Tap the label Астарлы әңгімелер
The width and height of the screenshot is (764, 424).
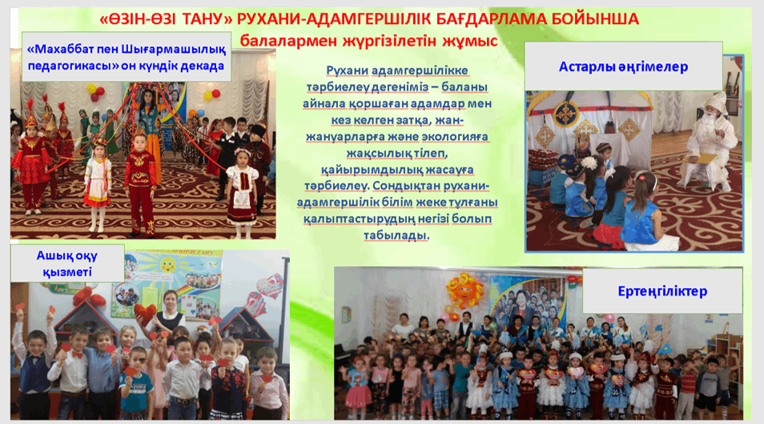(x=623, y=66)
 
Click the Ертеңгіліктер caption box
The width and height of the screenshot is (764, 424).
(x=662, y=290)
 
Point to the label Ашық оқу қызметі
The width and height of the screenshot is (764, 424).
(x=67, y=263)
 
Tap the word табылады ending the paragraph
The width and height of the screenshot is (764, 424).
(x=396, y=235)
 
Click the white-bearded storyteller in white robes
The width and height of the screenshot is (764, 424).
(x=710, y=141)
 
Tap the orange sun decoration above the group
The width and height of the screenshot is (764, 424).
(x=464, y=289)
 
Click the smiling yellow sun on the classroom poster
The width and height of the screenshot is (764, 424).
(x=168, y=266)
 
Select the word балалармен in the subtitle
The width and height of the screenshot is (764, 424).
(x=288, y=42)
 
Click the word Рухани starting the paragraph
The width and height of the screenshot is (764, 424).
(x=347, y=71)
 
